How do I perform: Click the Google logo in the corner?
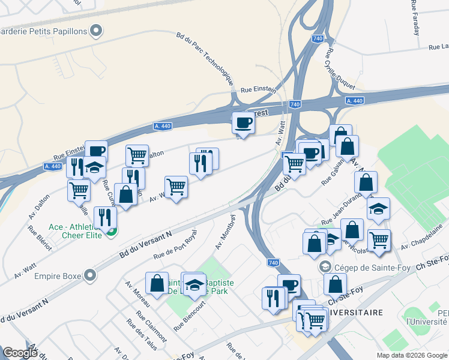[x=20, y=353]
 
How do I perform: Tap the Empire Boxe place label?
[x=60, y=276]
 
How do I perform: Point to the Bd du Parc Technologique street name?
[x=205, y=56]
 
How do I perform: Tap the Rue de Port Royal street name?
[x=175, y=247]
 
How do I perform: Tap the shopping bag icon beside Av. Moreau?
[x=157, y=284]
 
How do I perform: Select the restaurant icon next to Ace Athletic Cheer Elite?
[x=105, y=218]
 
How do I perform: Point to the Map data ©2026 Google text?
[x=412, y=355]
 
